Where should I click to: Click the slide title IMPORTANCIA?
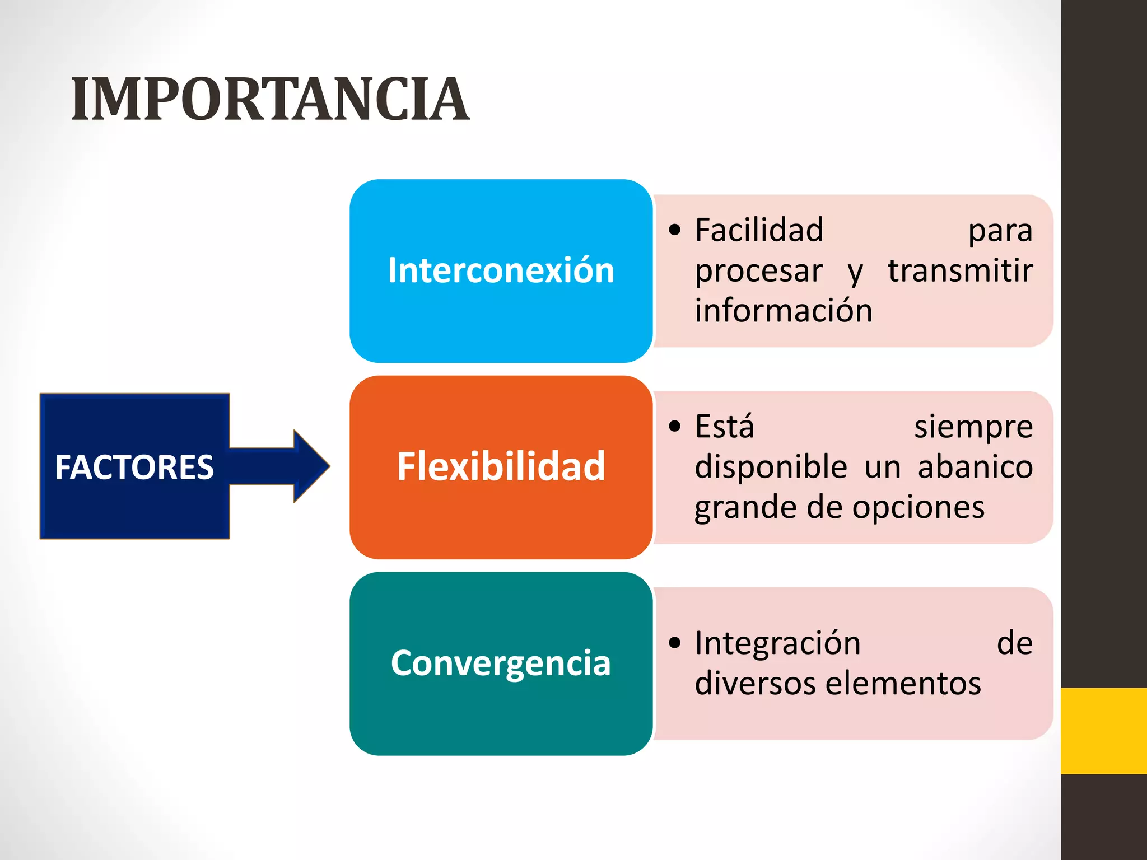(270, 100)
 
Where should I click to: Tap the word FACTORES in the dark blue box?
(134, 467)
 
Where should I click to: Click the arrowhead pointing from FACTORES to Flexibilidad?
(311, 466)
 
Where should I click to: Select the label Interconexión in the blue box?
(501, 270)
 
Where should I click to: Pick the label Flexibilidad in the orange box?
(501, 466)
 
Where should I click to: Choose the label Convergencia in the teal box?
(501, 663)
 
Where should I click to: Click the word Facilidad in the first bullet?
(759, 230)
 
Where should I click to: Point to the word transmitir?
(960, 270)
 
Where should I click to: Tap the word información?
(784, 311)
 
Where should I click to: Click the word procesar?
(758, 272)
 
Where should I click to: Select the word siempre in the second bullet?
(973, 427)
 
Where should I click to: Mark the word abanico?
(975, 466)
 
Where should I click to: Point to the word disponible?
(771, 466)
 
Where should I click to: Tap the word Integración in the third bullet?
(777, 643)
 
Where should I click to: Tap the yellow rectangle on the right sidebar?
(1103, 731)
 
